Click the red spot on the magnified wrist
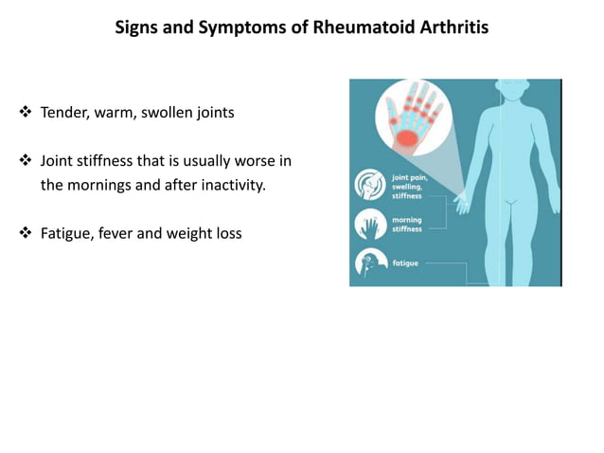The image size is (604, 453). (x=406, y=139)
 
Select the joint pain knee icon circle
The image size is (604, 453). (x=369, y=185)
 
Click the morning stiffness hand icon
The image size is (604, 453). (x=369, y=225)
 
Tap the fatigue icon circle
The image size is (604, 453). (x=369, y=263)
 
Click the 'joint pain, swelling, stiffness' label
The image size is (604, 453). (x=408, y=186)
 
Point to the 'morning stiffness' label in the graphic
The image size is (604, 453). (x=408, y=225)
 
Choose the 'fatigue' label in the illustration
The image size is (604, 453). (x=404, y=263)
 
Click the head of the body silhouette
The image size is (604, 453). (x=510, y=97)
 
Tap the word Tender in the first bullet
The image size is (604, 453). (x=62, y=113)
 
